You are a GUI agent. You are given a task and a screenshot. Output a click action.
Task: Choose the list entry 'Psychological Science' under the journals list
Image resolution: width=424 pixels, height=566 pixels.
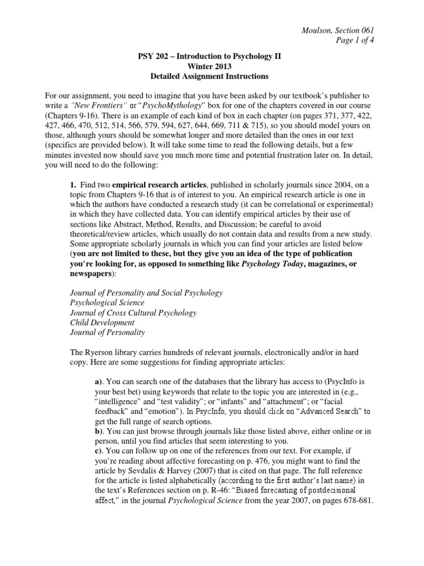click(x=107, y=303)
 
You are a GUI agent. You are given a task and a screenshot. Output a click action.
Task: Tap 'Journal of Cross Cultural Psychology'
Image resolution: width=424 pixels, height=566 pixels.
click(x=133, y=313)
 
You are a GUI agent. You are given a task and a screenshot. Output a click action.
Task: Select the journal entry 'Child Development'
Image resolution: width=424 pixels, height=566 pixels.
click(x=102, y=322)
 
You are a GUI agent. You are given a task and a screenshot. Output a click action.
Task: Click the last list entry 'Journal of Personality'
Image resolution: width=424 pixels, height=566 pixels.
click(x=107, y=332)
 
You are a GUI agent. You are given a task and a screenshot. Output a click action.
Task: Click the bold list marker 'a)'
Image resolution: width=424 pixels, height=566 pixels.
click(x=100, y=381)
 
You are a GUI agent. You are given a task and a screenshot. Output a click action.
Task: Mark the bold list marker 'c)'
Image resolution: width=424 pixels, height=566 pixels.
click(x=99, y=450)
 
